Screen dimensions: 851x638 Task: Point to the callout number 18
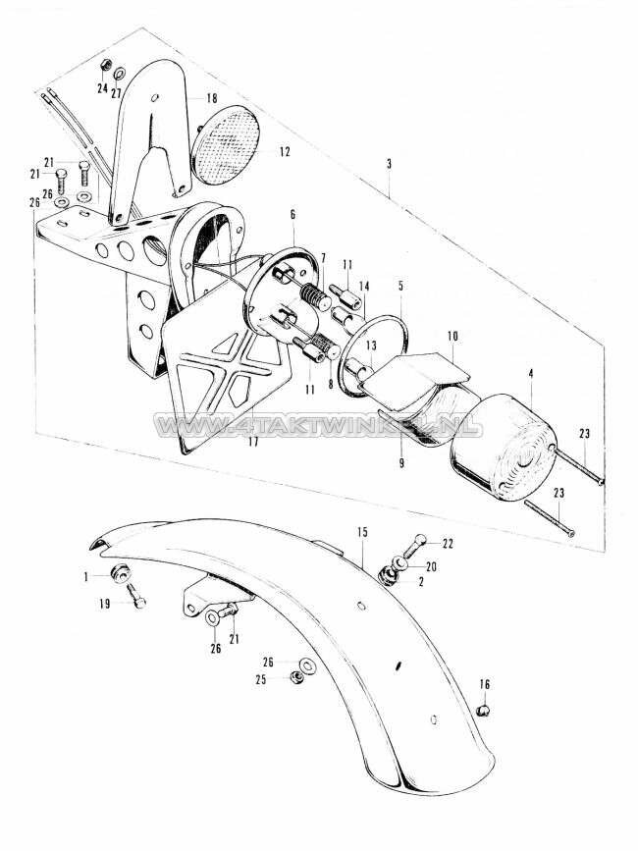click(210, 99)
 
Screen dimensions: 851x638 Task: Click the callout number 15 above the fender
click(362, 532)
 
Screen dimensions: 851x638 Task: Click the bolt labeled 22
click(419, 540)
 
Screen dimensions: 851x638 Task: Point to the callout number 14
click(363, 286)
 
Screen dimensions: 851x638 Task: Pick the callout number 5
click(400, 286)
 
